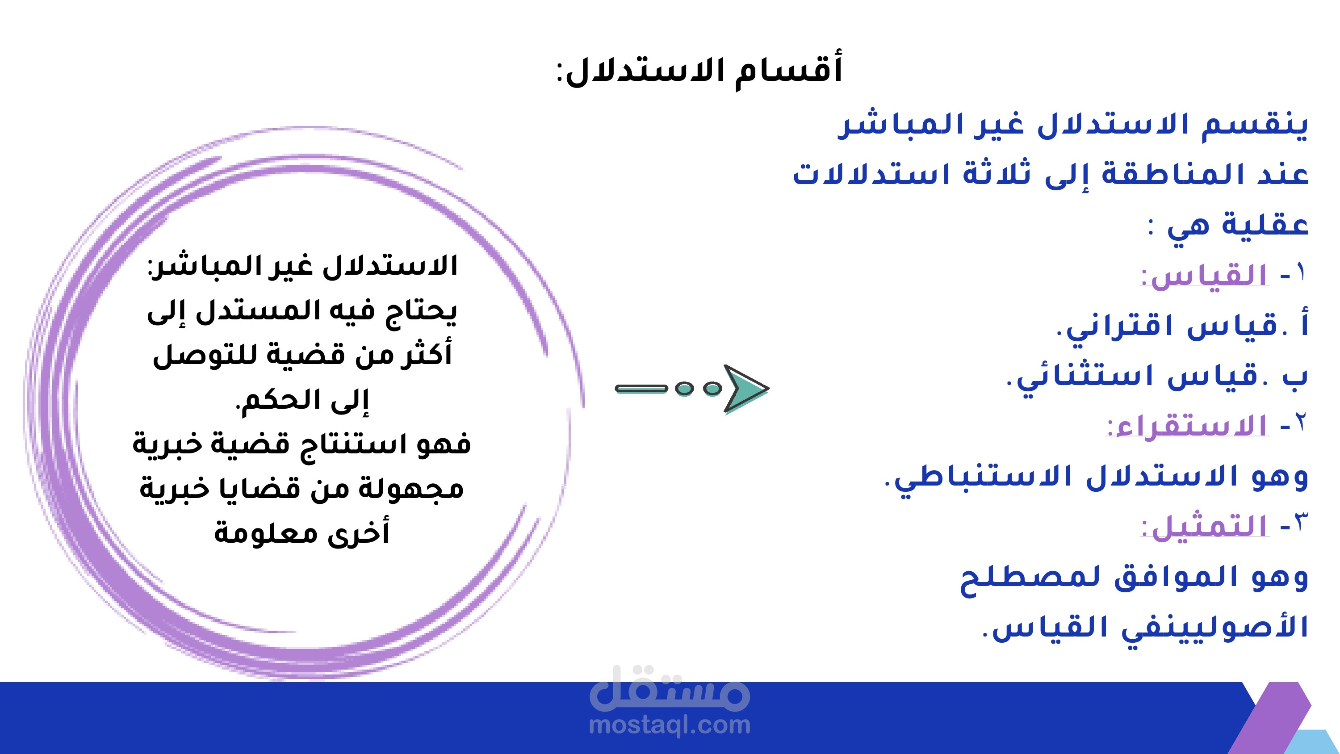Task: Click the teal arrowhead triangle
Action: point(745,389)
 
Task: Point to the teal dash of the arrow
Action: point(641,388)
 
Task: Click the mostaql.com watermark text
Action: point(670,725)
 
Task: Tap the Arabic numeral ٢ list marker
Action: point(1300,423)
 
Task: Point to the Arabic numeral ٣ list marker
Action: point(1300,523)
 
